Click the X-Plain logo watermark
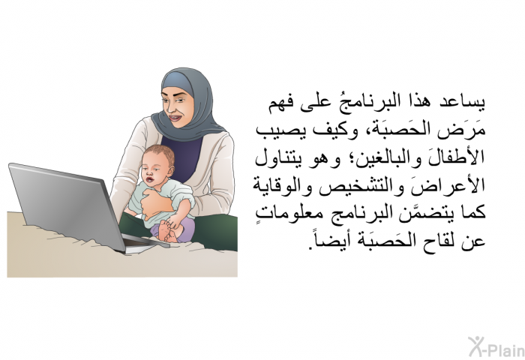point(496,347)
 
